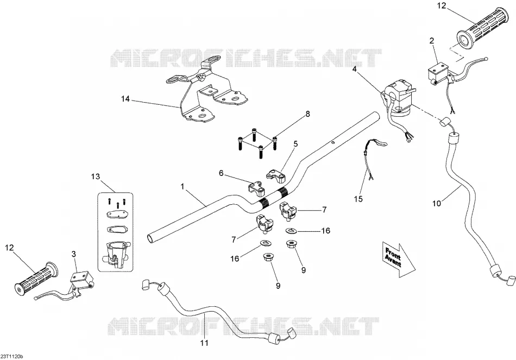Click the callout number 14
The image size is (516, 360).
125,98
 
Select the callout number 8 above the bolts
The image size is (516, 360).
307,114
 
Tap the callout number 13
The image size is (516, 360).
95,176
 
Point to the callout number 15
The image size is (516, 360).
358,199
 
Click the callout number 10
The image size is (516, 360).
436,204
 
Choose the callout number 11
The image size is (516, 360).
204,343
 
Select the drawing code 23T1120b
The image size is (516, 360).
12,357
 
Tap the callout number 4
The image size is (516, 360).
355,69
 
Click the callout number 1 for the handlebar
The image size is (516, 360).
183,187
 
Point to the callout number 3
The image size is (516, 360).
74,254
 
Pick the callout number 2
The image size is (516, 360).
431,41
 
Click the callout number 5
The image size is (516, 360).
295,144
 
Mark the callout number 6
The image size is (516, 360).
221,173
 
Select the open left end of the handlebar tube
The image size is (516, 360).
150,238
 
